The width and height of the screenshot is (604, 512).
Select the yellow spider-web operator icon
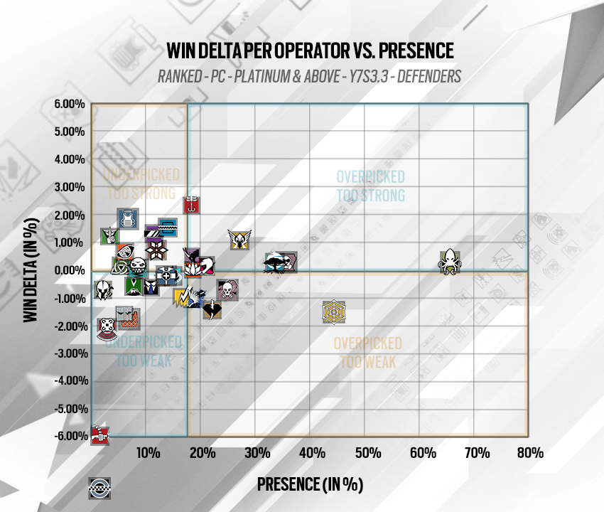[334, 311]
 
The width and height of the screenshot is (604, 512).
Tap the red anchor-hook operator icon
[190, 206]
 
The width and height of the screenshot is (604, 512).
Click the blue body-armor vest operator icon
[128, 219]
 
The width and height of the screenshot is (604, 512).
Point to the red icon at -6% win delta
[99, 434]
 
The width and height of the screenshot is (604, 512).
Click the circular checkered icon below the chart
[98, 486]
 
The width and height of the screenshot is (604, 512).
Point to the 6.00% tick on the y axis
[70, 104]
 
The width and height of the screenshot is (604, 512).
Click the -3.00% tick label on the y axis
[70, 353]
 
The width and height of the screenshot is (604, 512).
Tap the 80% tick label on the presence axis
[529, 452]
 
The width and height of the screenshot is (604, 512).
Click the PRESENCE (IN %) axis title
[310, 484]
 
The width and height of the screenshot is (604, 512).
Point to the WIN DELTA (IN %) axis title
[30, 271]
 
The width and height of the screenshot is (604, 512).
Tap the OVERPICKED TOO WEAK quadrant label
[367, 352]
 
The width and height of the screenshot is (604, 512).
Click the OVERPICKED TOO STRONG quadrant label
[370, 186]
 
